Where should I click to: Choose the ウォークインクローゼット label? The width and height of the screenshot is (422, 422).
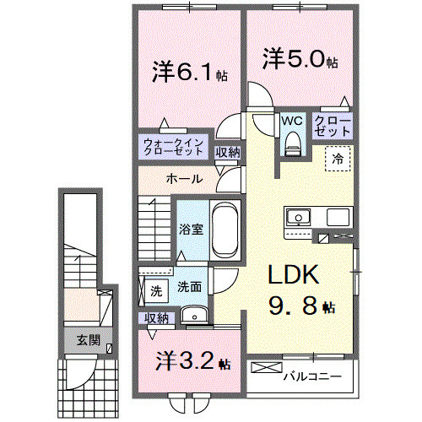coord(173,147)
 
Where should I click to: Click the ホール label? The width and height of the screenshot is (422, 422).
coord(183,179)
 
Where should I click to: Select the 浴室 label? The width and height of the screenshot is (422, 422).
coord(188,228)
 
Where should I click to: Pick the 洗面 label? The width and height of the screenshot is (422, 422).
coord(188,287)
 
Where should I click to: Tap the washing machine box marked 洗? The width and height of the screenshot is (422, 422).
coord(156,290)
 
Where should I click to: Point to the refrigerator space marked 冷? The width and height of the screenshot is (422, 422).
coord(336,158)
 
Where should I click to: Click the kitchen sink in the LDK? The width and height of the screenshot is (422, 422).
coord(298,218)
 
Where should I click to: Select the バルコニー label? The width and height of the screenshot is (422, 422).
coord(311,376)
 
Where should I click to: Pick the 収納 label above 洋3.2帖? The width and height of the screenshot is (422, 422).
coord(156,317)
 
